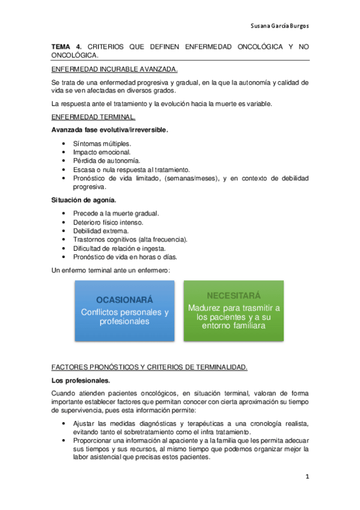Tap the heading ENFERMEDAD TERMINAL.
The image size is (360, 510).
tap(93, 116)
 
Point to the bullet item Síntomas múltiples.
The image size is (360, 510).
tap(102, 144)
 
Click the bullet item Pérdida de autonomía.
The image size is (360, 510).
tap(106, 161)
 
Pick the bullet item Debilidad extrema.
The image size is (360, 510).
tap(100, 231)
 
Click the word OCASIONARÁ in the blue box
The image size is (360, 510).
tap(125, 300)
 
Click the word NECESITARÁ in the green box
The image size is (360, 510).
tap(233, 296)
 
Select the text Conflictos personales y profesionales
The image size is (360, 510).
tap(125, 317)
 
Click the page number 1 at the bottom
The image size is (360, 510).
tap(307, 477)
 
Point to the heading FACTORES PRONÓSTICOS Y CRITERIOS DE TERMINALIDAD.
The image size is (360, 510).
tap(149, 367)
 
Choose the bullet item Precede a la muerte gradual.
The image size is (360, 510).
tap(116, 214)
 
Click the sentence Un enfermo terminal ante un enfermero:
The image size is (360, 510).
tap(111, 270)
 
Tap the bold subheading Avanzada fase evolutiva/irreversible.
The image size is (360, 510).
tap(109, 129)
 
